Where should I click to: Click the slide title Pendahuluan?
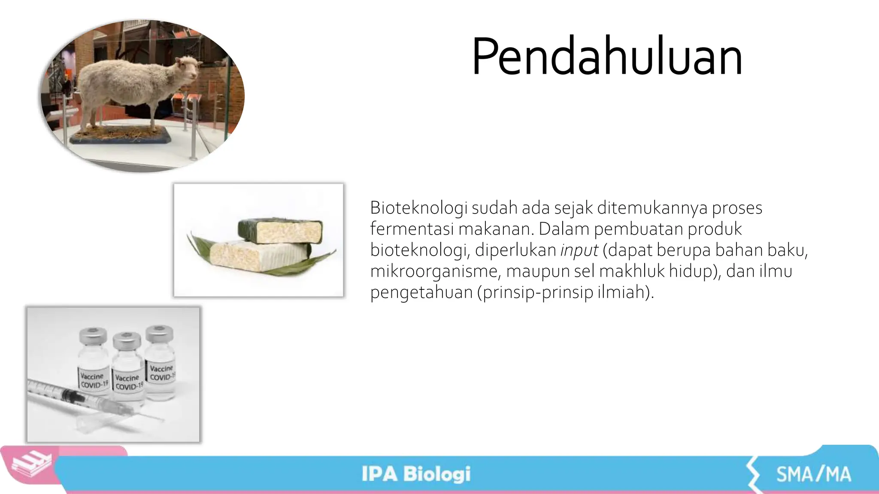point(607,57)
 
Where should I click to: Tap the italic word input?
point(579,250)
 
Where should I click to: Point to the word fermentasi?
point(412,229)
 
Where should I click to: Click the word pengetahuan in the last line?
point(421,292)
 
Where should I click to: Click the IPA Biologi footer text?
point(415,474)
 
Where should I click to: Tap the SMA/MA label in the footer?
point(813,474)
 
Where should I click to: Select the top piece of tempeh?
point(280,230)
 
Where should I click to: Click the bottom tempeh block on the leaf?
point(258,256)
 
